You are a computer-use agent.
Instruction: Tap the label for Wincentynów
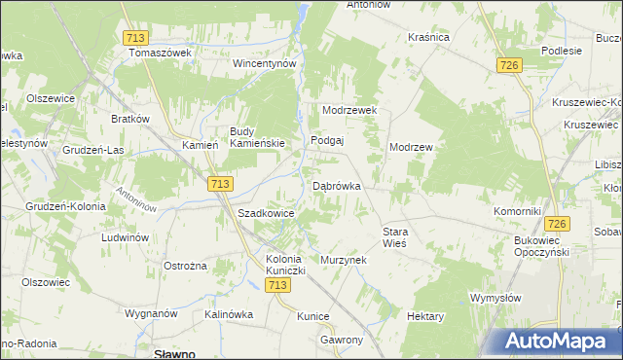click(x=263, y=63)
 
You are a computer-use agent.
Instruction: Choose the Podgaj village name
click(x=328, y=140)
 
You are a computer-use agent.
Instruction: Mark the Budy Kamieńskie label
click(x=257, y=137)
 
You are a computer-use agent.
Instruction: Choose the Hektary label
click(x=425, y=317)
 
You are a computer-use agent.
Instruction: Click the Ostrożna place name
click(x=185, y=267)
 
